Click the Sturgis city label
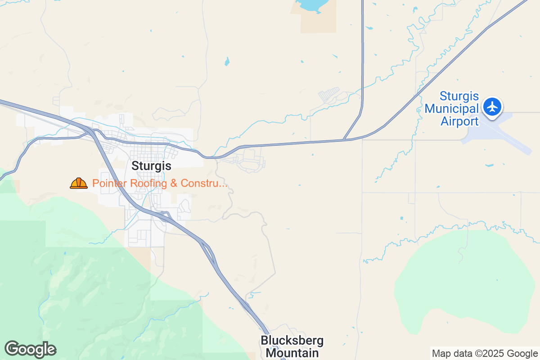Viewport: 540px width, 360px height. click(151, 166)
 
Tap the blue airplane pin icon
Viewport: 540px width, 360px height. click(493, 107)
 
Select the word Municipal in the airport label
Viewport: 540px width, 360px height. click(451, 109)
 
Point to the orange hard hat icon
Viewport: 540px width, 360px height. click(79, 183)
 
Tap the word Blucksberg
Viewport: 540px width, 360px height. click(292, 341)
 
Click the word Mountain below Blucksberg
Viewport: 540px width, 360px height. click(292, 352)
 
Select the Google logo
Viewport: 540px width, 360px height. click(30, 349)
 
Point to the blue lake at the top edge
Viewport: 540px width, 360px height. click(310, 5)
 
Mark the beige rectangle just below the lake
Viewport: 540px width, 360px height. click(319, 22)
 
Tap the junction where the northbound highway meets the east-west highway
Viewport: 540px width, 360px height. click(344, 139)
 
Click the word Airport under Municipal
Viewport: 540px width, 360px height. click(459, 121)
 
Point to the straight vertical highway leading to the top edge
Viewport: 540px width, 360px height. click(362, 54)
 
